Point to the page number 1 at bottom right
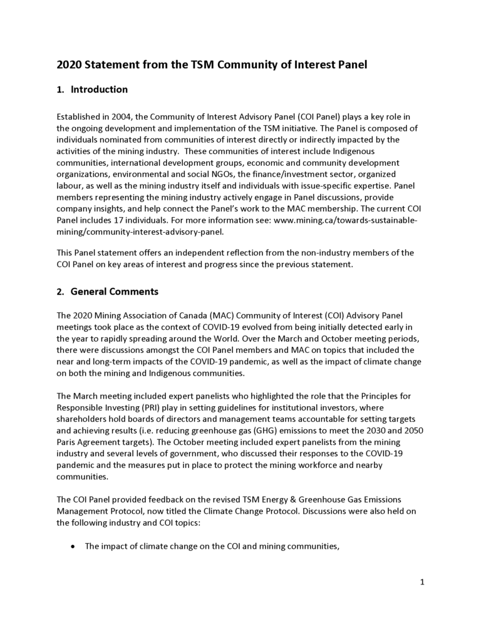point(422,583)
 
